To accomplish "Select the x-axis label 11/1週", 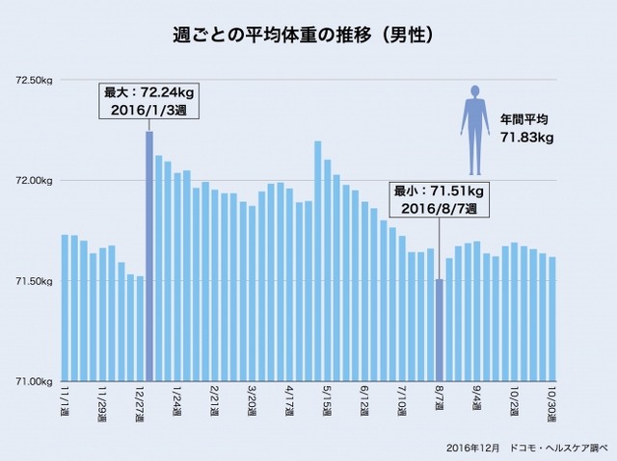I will [x=65, y=397].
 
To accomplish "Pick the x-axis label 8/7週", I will [x=440, y=397].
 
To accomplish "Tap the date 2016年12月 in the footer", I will [x=472, y=448].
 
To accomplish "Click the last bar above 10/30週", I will [x=578, y=319].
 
